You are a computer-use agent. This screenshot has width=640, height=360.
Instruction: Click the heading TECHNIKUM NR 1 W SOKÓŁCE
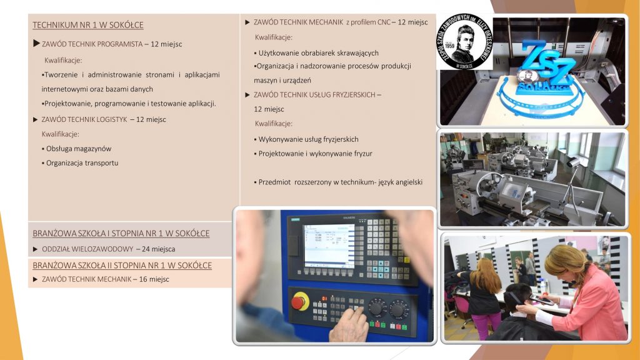coord(87,25)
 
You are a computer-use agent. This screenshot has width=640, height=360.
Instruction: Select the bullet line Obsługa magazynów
coord(76,149)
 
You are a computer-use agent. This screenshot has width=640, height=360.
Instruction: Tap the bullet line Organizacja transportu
coord(80,163)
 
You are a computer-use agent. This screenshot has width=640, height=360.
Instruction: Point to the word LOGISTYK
coord(111,119)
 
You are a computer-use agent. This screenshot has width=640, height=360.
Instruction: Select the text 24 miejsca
coord(158,249)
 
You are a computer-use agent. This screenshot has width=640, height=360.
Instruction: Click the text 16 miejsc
coord(154,279)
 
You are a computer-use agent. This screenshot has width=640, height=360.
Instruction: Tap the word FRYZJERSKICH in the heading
coord(355,95)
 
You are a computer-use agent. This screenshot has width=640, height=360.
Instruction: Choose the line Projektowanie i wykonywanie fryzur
coord(314,154)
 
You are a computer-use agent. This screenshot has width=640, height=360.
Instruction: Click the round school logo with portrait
coord(464,41)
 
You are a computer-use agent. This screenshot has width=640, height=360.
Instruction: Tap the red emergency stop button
coord(298,303)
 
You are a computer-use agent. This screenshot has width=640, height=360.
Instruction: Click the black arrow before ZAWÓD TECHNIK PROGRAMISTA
coord(36,43)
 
